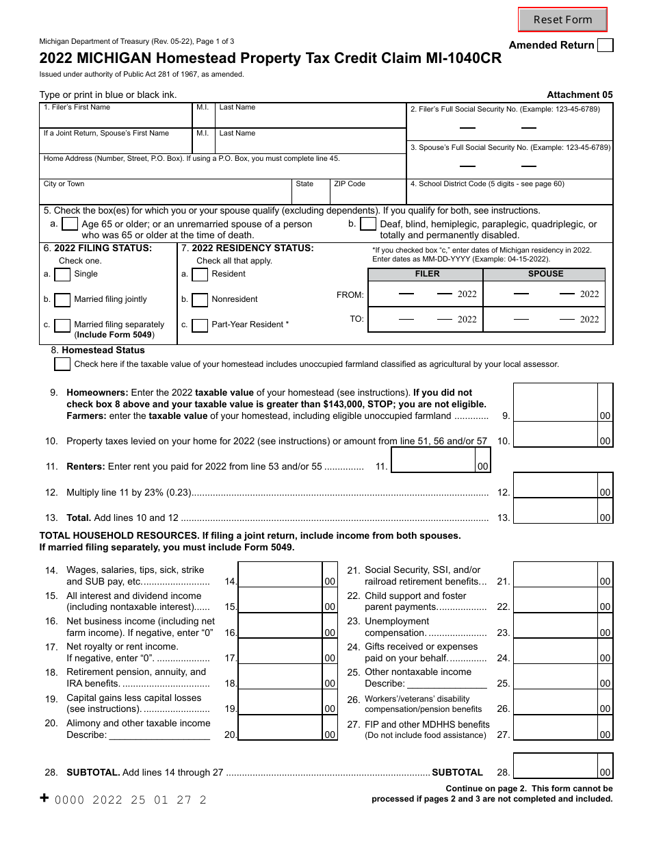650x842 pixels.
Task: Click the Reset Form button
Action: [562, 19]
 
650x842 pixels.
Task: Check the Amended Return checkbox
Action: [605, 45]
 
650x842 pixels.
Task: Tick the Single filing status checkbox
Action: [62, 275]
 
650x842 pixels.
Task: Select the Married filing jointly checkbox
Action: [62, 300]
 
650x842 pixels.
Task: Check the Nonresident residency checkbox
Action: [200, 300]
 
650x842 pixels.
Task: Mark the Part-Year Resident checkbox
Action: [200, 325]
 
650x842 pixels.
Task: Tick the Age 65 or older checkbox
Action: [69, 224]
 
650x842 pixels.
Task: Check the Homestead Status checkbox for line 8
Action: [62, 364]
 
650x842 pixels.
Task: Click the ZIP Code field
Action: [368, 194]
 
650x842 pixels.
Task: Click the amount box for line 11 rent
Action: [433, 461]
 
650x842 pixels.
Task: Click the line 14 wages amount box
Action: [281, 575]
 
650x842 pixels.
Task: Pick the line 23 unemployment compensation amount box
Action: [555, 626]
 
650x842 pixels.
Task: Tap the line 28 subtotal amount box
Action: [555, 766]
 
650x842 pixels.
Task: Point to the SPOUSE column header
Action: [545, 274]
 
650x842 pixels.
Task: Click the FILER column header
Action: [427, 274]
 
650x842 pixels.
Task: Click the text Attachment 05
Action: [580, 95]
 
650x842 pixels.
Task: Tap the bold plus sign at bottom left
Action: [44, 798]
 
